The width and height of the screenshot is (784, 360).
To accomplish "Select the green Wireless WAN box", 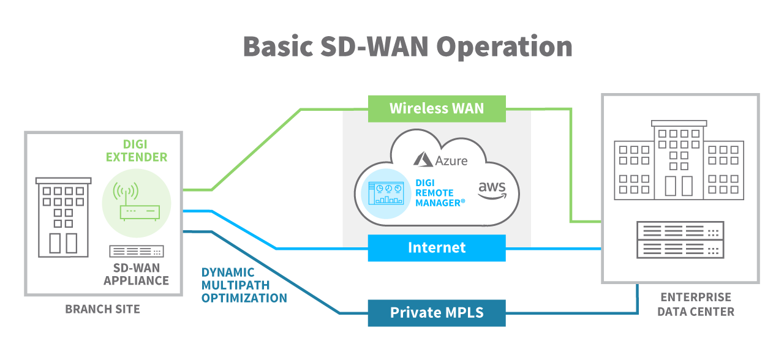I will point(437,109).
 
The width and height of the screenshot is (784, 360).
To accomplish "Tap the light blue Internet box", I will point(437,248).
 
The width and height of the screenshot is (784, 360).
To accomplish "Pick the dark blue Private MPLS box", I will point(437,313).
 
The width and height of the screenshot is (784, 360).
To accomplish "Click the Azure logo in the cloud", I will point(440,160).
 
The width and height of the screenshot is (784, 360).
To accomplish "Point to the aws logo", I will point(492,189).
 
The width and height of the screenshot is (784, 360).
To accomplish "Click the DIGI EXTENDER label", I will point(137,151).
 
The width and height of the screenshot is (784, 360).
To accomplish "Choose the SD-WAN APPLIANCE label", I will point(136,275).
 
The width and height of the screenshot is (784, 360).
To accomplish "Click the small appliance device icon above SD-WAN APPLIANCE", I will point(137,251).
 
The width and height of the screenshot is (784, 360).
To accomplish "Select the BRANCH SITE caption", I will point(103,309).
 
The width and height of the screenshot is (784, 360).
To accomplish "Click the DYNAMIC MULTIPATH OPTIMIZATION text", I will point(244,285).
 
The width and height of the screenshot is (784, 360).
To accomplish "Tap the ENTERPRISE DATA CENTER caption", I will point(696,304).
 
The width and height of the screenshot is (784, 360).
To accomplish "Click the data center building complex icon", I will point(679,160).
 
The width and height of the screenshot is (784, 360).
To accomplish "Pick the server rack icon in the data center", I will point(680,240).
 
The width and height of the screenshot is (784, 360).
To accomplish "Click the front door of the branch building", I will point(63,242).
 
